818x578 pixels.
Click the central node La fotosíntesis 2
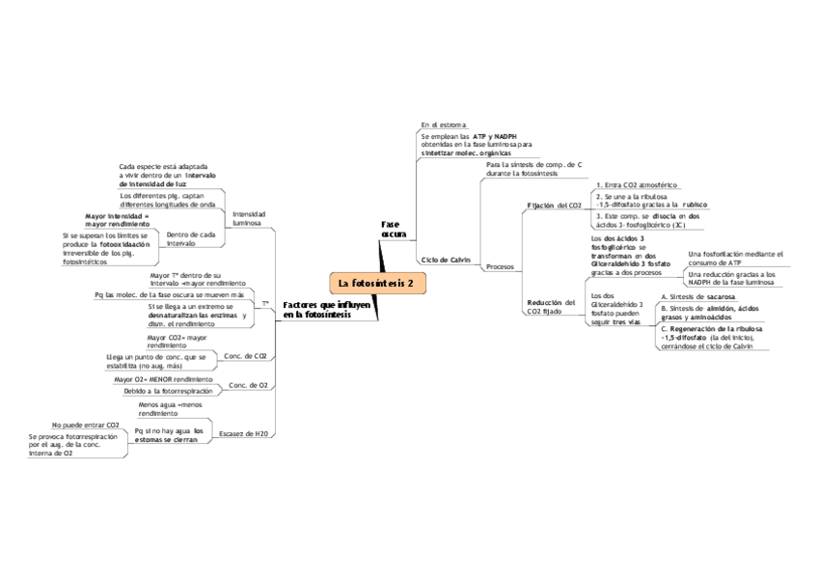376,283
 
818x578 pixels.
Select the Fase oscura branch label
394,229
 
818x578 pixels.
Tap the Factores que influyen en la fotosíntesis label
326,310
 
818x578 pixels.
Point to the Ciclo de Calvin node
446,261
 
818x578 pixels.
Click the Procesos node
500,266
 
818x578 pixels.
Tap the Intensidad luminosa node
248,217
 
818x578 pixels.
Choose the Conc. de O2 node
248,386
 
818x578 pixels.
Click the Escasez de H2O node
243,433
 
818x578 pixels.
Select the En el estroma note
444,124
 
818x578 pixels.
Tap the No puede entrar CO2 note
86,424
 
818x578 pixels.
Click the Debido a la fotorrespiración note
168,391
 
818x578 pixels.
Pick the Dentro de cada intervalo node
190,238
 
